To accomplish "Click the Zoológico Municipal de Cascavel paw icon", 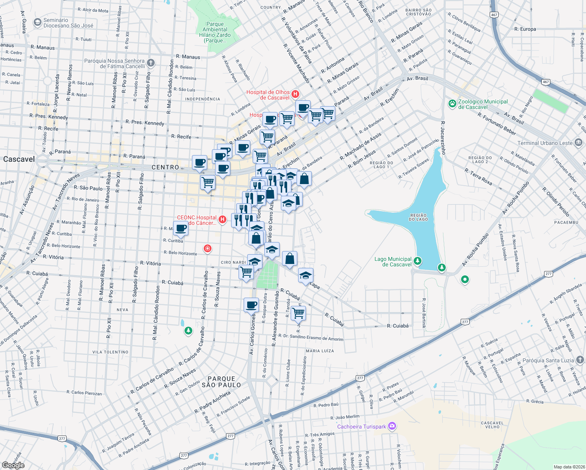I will tap(452, 104).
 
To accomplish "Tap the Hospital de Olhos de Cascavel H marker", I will tap(295, 94).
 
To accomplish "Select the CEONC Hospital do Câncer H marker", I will tap(222, 219).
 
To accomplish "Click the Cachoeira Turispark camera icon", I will tap(392, 426).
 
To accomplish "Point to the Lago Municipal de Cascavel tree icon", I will tap(418, 261).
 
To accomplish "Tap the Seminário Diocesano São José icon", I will tap(38, 22).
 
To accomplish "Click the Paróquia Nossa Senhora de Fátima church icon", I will tap(151, 63).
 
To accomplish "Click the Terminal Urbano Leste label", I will tap(545, 143).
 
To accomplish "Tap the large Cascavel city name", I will tap(19, 159).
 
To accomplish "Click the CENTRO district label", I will tap(165, 167).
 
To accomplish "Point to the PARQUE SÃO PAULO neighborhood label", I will tap(221, 382).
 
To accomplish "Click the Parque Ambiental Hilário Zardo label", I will tap(215, 32).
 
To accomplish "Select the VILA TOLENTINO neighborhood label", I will tap(110, 352).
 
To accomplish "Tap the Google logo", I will tap(13, 465).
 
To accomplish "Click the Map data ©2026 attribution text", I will tap(568, 467).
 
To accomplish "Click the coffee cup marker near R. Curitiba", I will tap(181, 228).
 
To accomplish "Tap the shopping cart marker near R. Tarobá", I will tap(298, 313).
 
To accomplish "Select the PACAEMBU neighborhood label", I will tap(566, 222).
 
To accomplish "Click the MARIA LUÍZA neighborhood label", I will tap(320, 351).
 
